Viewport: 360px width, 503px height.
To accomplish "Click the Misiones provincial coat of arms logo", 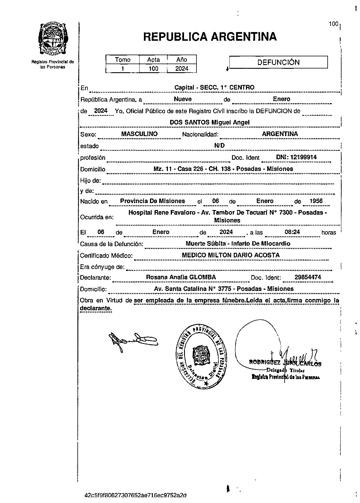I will pos(53,38).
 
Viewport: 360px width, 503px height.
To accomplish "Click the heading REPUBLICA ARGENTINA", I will pos(210,37).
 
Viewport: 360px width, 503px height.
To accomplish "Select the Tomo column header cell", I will pos(123,60).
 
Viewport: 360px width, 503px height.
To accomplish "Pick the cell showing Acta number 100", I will pos(153,68).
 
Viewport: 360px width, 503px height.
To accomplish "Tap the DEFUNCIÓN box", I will pos(279,62).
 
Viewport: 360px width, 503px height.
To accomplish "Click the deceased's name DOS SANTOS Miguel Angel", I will pos(209,122).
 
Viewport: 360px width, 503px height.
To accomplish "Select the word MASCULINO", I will pos(140,134).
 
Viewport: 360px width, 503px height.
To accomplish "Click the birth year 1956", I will pos(316,201).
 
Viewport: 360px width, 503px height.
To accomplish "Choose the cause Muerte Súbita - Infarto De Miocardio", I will pos(238,244).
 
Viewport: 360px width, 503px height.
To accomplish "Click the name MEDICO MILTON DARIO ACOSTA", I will pos(231,255).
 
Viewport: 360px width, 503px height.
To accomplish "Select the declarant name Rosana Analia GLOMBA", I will pos(181,277).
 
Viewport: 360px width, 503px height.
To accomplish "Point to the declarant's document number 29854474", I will pos(308,277).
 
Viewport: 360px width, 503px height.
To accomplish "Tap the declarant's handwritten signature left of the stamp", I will pos(133,341).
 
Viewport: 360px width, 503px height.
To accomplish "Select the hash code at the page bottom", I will pos(136,495).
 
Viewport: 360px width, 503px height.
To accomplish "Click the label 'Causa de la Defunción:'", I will pos(112,244).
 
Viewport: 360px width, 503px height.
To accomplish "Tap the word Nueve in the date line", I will pos(183,99).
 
